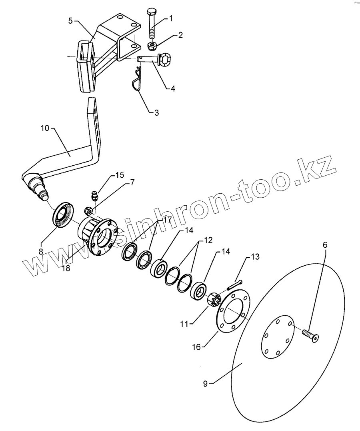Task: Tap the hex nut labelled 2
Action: tap(152, 46)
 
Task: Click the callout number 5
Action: tap(70, 21)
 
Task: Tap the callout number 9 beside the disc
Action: tap(205, 383)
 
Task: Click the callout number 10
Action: tap(45, 128)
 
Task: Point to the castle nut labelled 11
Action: tap(214, 300)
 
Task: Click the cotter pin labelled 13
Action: tap(234, 285)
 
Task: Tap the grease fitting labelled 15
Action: tap(95, 196)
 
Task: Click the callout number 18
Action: tap(66, 268)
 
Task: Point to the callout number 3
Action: tap(156, 113)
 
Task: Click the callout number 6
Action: tap(325, 244)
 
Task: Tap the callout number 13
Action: tap(255, 256)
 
